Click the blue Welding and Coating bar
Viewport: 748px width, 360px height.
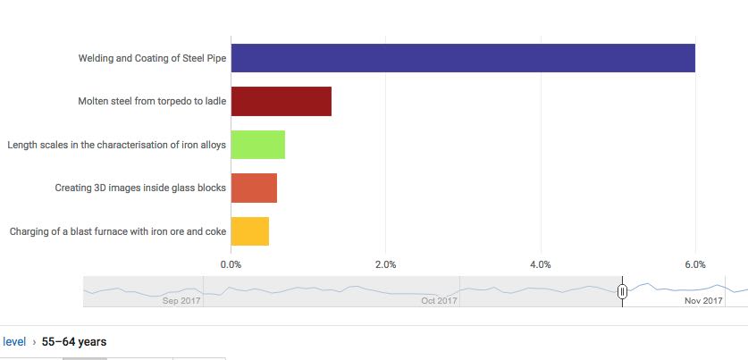463,58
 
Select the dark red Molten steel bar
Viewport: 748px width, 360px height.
281,102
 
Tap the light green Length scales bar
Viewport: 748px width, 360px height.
257,145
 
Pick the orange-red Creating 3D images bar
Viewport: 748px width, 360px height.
254,188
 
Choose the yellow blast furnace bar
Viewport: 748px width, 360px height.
249,231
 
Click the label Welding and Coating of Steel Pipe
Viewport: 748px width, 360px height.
152,59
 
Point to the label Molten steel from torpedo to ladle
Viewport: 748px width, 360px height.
152,102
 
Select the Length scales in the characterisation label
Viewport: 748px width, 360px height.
116,145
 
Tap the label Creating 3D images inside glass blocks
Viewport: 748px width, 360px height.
140,188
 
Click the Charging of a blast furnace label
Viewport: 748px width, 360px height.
118,232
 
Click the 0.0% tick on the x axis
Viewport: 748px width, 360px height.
231,264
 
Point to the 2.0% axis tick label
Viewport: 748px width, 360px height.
385,264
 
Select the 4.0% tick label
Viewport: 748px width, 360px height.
540,264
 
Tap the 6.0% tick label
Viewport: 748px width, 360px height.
694,264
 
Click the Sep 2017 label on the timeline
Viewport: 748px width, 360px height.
181,301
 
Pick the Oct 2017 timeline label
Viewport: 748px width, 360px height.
438,301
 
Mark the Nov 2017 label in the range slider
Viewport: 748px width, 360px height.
703,301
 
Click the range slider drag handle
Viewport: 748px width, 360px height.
622,291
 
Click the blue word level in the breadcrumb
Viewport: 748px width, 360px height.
14,341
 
